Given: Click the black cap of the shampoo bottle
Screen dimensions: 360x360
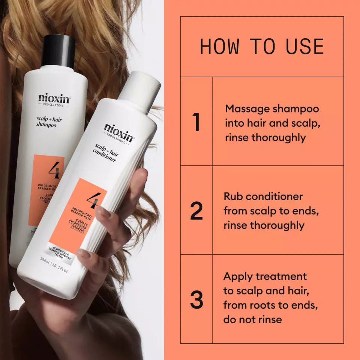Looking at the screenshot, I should (58, 51).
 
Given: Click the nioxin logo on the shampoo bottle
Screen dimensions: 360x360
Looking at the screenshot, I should (54, 99).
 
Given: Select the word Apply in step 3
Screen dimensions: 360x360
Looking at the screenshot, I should (238, 277).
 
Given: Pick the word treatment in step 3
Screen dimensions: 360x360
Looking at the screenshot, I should (281, 277).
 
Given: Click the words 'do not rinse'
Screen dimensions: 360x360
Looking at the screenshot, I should (252, 319).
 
